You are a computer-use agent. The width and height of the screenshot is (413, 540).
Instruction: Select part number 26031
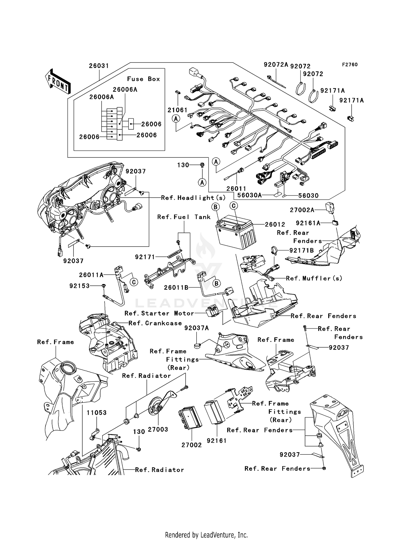[x=99, y=66]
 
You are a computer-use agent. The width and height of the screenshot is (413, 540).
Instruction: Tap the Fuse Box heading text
[x=143, y=79]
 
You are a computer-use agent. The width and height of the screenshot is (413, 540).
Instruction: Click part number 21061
[x=177, y=110]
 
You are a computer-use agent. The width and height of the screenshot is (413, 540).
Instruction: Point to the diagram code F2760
[x=350, y=65]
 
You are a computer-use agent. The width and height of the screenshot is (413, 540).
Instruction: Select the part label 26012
[x=275, y=225]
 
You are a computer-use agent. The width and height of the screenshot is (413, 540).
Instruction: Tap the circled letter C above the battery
[x=233, y=206]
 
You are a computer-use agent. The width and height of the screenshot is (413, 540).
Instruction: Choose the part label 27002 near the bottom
[x=192, y=445]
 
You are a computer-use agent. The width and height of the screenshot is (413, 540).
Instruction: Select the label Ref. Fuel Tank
[x=184, y=217]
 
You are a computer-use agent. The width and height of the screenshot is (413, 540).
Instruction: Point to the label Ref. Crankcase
[x=155, y=323]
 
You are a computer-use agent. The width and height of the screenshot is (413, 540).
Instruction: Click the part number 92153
[x=80, y=286]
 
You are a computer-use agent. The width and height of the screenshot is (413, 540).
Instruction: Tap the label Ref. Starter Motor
[x=159, y=313]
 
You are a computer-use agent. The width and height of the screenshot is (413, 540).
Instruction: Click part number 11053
[x=96, y=413]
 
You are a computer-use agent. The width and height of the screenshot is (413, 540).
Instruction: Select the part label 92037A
[x=197, y=328]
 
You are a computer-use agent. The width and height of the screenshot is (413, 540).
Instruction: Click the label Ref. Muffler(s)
[x=314, y=278]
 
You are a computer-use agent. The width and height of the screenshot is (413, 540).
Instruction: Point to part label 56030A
[x=249, y=195]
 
